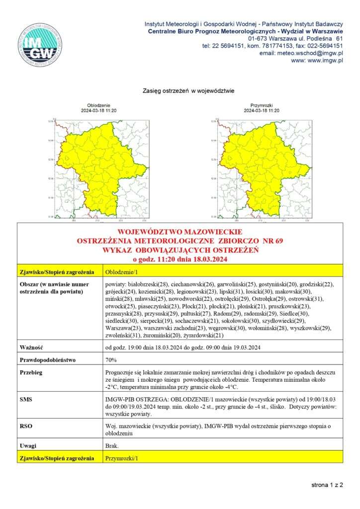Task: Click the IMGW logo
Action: pos(40,45)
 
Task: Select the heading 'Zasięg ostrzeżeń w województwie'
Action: pos(188,91)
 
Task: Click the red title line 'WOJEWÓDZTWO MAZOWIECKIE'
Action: pos(180,232)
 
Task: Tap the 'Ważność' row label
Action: pos(29,347)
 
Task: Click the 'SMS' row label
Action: pos(25,399)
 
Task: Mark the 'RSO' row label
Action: pos(25,426)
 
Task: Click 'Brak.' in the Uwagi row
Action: pos(112,446)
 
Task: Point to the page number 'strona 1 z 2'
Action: pos(327,484)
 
